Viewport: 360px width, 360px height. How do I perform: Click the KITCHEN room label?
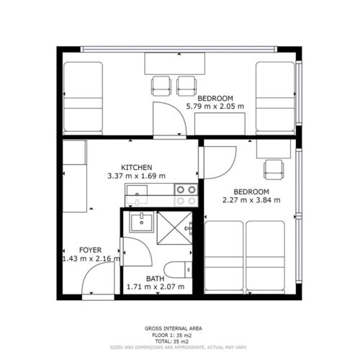[x=136, y=167]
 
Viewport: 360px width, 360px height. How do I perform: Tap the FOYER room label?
[x=91, y=250]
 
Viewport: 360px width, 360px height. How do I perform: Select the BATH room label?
[x=156, y=279]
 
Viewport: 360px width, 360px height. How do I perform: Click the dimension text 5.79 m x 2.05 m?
[x=215, y=106]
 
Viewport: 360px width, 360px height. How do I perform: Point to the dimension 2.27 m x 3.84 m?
[x=251, y=199]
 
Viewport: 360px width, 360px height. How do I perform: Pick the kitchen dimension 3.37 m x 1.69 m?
[x=136, y=176]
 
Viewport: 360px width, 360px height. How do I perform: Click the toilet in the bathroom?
[x=179, y=270]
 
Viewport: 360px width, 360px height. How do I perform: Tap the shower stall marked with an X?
[x=174, y=228]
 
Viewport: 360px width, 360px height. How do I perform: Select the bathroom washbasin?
[x=142, y=222]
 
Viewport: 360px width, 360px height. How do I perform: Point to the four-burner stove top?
[x=186, y=195]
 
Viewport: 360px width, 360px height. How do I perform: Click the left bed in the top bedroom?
[x=83, y=98]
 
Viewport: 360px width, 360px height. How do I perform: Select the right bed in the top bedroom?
[x=275, y=98]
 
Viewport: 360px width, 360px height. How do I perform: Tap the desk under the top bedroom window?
[x=174, y=63]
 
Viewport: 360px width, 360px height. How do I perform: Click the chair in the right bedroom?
[x=274, y=170]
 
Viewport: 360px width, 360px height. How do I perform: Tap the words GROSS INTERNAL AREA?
[x=174, y=328]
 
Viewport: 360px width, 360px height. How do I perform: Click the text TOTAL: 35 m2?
[x=171, y=341]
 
